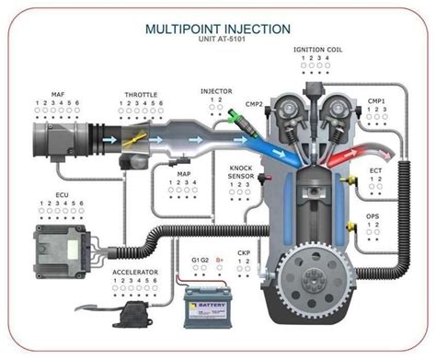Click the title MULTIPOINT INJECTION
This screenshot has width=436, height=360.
(217, 28)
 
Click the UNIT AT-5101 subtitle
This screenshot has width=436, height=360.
(217, 41)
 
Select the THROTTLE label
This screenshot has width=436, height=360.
(141, 95)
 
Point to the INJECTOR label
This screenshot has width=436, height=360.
(217, 92)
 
